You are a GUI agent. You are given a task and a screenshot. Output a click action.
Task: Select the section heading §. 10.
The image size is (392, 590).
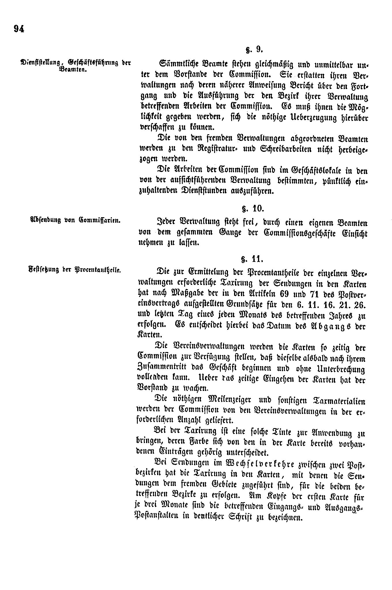coord(252,209)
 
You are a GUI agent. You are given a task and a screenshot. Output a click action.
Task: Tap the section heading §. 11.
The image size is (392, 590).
coord(252,259)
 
